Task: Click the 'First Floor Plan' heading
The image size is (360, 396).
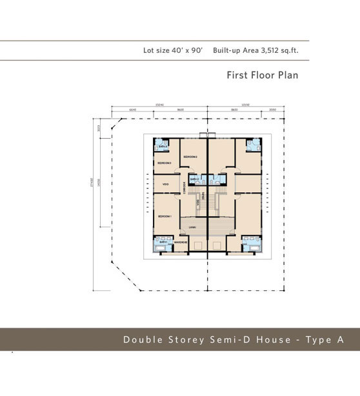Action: pyautogui.click(x=262, y=75)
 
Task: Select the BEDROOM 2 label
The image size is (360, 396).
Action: pyautogui.click(x=190, y=157)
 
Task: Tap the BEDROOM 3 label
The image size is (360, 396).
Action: pyautogui.click(x=164, y=163)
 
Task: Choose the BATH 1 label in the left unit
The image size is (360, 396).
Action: pyautogui.click(x=163, y=242)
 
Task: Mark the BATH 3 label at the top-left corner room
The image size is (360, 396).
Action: pyautogui.click(x=163, y=146)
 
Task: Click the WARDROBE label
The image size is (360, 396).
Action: pyautogui.click(x=181, y=242)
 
